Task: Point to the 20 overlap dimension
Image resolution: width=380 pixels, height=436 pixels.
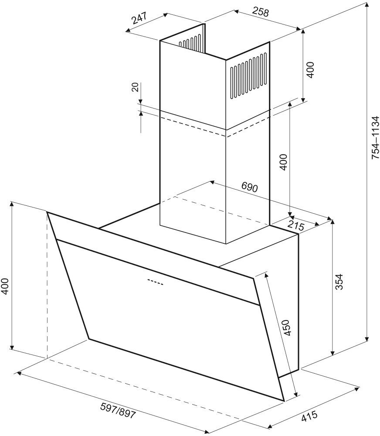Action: pos(135,87)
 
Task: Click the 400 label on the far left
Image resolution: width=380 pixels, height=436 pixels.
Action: pos(5,286)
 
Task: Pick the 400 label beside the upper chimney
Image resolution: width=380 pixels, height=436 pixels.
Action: pos(310,70)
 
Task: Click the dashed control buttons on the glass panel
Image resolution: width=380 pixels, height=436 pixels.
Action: pos(155,282)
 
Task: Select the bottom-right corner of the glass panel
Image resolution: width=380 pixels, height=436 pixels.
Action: pos(283,400)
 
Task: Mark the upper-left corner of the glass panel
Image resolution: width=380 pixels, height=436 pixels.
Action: pos(47,213)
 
